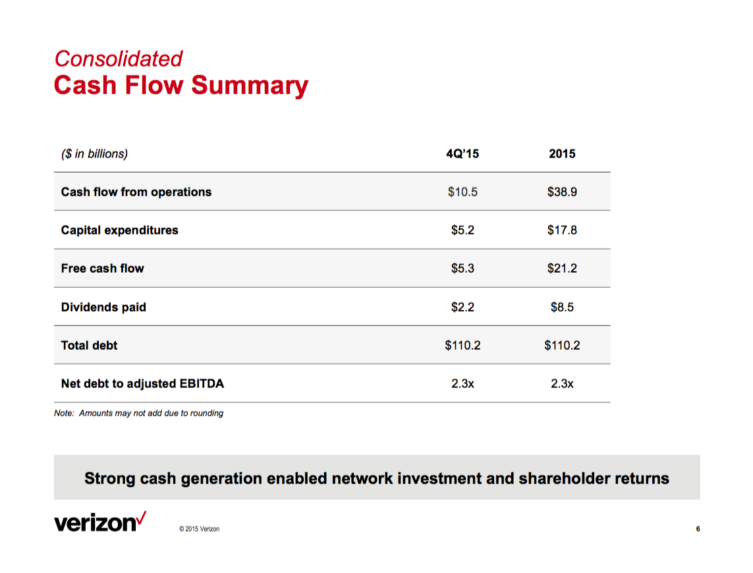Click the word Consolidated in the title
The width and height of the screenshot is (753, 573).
pos(118,59)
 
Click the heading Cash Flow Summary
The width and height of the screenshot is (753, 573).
pos(181,86)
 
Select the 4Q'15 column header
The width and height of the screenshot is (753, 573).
pos(462,153)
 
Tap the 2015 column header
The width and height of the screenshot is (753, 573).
pos(562,153)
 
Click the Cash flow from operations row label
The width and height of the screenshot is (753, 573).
pos(136,192)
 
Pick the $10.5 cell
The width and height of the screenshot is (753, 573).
pos(462,192)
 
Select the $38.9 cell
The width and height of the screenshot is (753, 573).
pos(562,192)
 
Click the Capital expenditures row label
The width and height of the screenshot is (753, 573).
pos(119,230)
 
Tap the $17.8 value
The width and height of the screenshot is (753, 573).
pos(562,230)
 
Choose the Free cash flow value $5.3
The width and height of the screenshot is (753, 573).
pos(462,268)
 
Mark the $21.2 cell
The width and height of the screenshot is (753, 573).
pos(562,268)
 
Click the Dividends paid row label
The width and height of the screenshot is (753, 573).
pos(103,307)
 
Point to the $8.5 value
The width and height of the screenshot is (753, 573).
pos(562,307)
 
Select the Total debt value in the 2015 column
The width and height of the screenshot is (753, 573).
pos(562,345)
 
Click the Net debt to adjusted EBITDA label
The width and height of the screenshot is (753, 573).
pos(142,383)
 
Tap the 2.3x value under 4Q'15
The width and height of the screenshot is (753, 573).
pos(462,383)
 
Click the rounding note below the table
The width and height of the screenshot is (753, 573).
pos(138,414)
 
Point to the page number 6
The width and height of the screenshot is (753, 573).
pos(698,529)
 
